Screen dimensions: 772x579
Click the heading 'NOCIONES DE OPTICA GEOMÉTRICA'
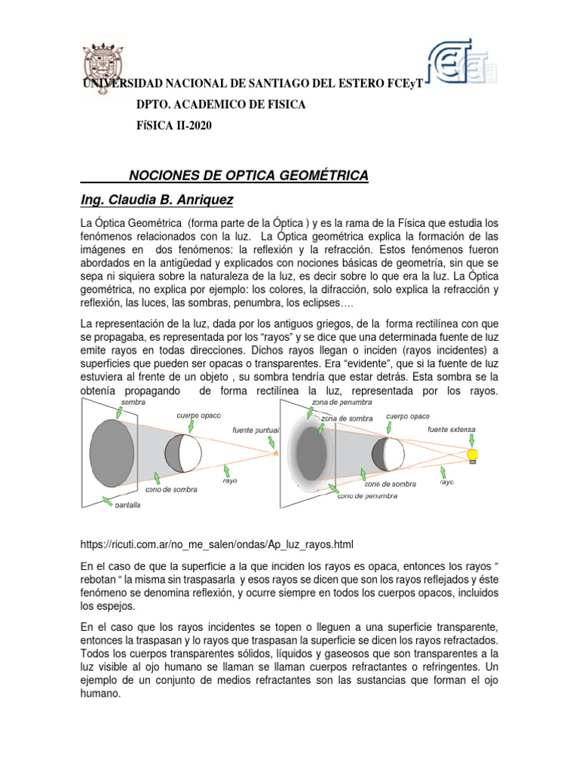249,176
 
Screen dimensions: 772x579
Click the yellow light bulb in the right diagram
473,455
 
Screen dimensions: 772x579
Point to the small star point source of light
275,453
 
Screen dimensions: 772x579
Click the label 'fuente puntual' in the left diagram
256,430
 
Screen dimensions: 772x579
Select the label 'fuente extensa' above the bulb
452,429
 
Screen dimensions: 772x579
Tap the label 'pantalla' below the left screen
127,505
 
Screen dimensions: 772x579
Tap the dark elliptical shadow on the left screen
114,453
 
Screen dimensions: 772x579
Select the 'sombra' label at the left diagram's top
133,403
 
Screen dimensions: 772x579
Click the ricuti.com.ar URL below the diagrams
217,544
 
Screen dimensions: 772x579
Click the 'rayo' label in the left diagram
230,479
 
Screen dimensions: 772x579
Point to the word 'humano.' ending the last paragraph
100,695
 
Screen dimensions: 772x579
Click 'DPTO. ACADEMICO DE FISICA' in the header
220,105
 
